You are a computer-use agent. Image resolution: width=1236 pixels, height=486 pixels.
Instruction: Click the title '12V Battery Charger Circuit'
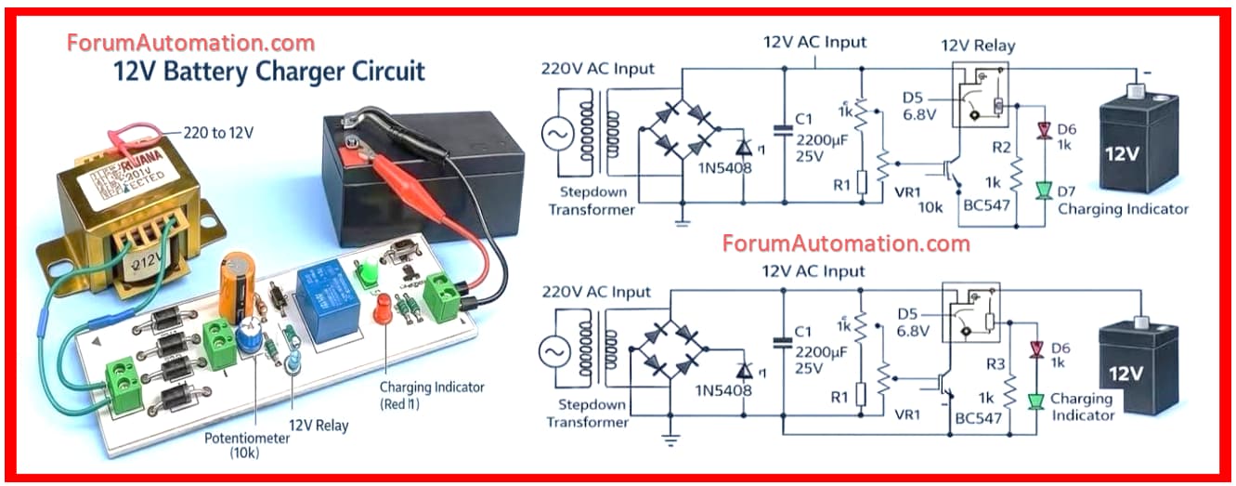268,72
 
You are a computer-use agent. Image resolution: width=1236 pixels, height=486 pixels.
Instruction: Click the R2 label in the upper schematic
1000,147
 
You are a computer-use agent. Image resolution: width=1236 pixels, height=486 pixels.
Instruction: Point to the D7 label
1067,190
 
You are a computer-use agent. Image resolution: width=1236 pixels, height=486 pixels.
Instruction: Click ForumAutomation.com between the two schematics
846,243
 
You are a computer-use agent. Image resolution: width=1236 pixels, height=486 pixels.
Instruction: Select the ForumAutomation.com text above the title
190,43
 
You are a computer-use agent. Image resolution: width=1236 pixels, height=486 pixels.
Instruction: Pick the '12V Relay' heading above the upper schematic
978,46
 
